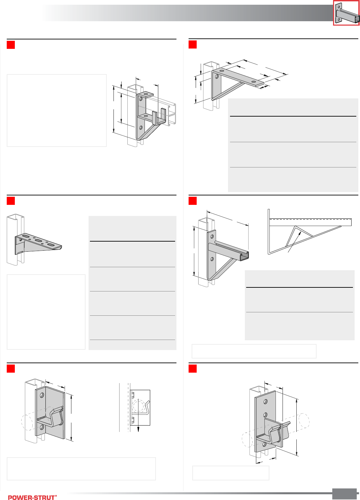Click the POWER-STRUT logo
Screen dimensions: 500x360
tap(32, 497)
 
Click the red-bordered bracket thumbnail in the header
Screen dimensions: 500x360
tap(346, 13)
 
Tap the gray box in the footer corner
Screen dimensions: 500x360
tap(344, 494)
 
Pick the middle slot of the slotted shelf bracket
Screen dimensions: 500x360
tap(38, 241)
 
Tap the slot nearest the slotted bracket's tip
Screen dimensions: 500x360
tap(51, 244)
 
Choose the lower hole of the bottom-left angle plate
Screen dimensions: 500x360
tap(42, 427)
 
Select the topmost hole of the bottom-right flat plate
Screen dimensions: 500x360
tap(266, 402)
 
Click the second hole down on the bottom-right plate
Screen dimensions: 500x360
tap(265, 415)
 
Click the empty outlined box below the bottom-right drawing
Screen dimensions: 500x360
tap(231, 473)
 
